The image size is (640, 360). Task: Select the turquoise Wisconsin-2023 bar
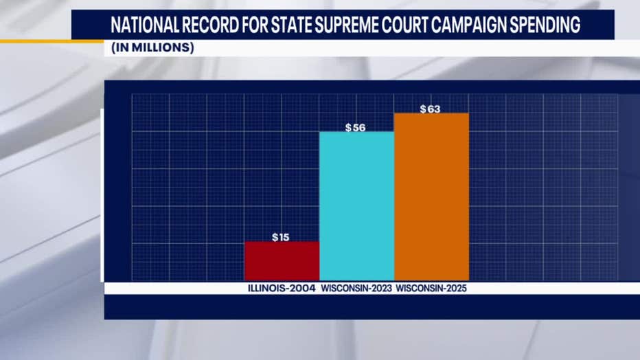click(356, 205)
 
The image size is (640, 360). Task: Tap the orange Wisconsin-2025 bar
click(431, 196)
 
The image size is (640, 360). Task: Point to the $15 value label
click(280, 237)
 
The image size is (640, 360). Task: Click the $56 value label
click(355, 128)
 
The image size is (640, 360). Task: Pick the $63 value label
click(430, 109)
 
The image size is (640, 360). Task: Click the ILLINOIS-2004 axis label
click(282, 289)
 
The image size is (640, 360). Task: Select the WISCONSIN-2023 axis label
click(355, 289)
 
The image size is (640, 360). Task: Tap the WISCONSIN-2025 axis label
click(431, 289)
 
